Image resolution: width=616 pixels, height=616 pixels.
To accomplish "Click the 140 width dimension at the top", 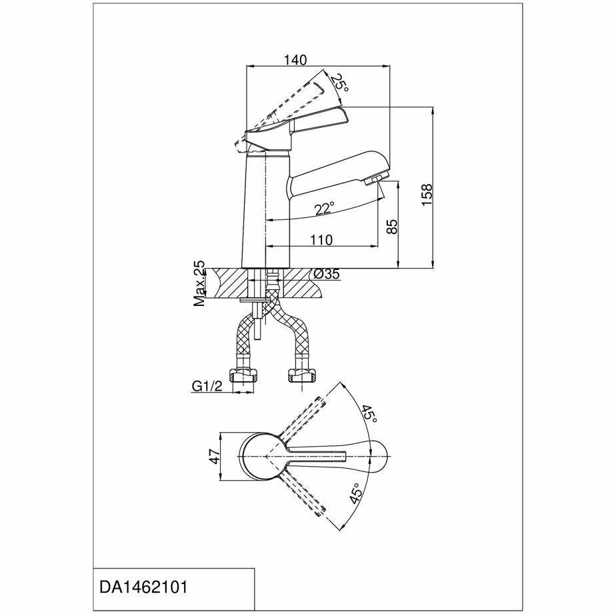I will coord(295,60).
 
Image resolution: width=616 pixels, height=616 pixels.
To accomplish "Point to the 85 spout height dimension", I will coord(392,226).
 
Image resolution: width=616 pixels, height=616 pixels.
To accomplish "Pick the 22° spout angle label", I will coord(325,209).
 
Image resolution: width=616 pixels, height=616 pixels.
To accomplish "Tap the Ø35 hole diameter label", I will coord(327,274).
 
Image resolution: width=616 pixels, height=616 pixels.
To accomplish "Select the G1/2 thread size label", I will coord(207,386).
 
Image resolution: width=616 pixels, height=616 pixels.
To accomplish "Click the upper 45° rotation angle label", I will coord(369,415).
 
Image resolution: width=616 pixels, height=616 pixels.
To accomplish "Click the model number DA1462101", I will coord(143,587).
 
